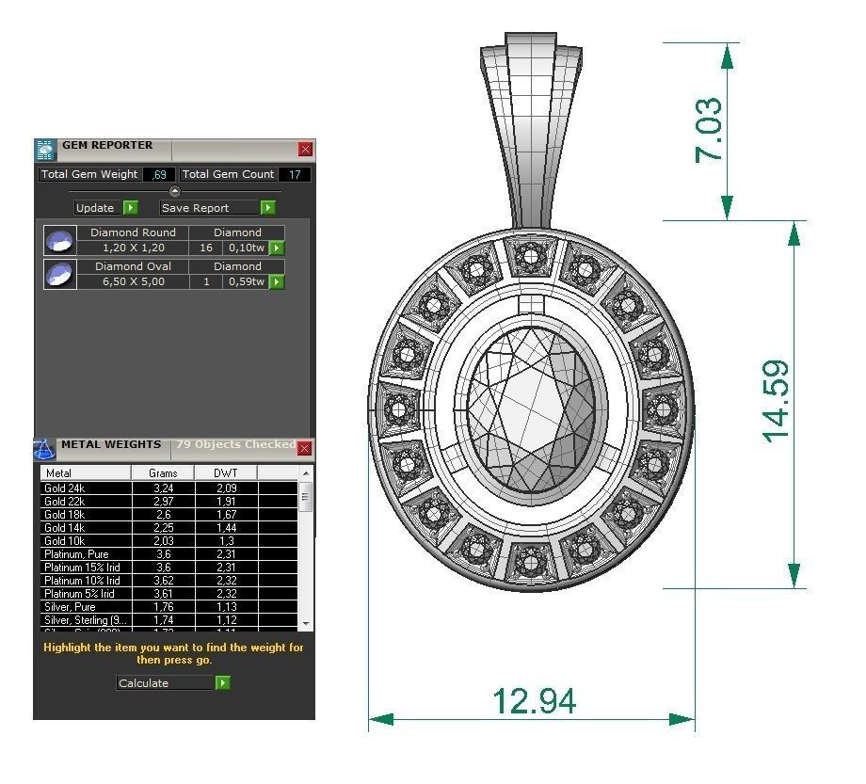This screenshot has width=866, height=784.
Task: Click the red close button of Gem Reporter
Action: coord(305,149)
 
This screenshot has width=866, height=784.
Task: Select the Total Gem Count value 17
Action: coord(295,174)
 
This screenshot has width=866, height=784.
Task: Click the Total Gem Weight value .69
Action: coord(159,174)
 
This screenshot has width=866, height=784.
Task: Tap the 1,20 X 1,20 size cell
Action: coord(133,248)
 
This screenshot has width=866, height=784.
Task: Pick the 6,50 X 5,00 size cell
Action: coord(133,281)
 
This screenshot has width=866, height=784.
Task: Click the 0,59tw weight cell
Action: coord(245,281)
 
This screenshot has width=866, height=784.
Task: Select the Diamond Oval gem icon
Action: coord(59,274)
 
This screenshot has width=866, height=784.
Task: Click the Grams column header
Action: coord(163,472)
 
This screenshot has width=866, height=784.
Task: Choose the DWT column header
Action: coord(225,472)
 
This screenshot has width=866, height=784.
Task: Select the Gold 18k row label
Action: coord(65,515)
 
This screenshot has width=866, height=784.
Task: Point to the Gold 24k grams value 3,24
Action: coord(163,488)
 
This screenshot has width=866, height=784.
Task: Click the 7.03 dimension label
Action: coord(709,130)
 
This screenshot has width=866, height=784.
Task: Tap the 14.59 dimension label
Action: coord(777,402)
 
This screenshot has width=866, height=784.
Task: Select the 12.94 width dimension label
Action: coord(534,700)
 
